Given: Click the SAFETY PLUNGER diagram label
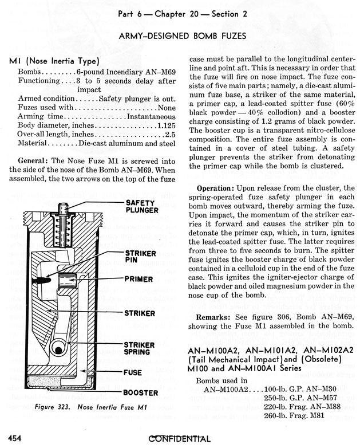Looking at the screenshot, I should click(141, 207).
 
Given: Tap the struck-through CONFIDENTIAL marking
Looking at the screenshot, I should click(179, 439).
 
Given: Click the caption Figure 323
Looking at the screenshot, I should click(53, 407).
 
